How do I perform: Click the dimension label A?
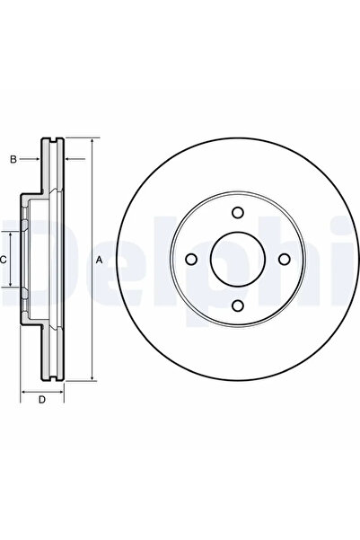[x=99, y=259]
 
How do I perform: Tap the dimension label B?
[x=13, y=159]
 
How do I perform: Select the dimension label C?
[x=4, y=259]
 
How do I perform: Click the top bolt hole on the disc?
[x=238, y=212]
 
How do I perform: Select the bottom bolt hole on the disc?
[x=238, y=304]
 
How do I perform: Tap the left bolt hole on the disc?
[x=191, y=259]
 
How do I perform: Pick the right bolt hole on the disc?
[x=284, y=259]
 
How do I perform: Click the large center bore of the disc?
[x=238, y=259]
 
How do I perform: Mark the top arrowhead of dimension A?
[x=92, y=142]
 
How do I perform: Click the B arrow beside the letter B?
[x=37, y=159]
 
